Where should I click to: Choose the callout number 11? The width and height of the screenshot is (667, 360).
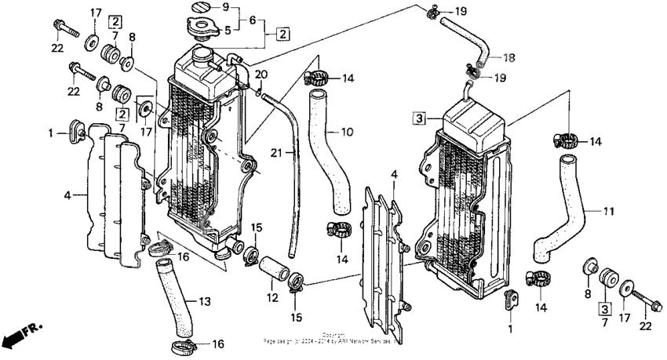(x=608, y=211)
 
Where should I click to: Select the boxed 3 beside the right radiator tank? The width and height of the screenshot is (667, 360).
(x=420, y=118)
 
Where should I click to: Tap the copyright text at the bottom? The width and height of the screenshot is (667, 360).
(x=333, y=339)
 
